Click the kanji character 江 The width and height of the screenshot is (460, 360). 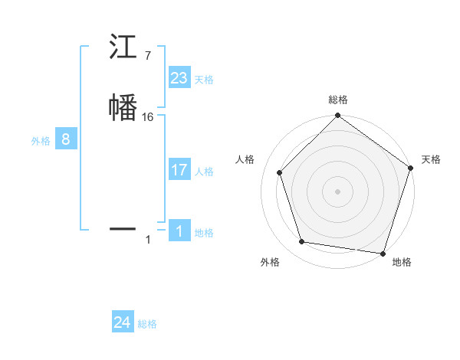pos(123,47)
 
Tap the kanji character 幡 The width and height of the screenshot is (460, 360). pos(123,106)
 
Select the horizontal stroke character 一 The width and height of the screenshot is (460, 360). pos(123,227)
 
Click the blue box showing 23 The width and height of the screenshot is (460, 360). pos(179,78)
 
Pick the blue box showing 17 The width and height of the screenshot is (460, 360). pos(179,170)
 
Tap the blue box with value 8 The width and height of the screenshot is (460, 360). pos(66,139)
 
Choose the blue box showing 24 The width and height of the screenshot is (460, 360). pos(123,323)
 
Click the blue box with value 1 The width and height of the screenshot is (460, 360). pos(179,231)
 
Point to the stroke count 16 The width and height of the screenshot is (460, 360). pos(148,117)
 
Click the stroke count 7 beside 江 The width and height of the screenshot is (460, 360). pos(147,55)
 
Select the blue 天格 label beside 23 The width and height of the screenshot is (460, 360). pos(204,80)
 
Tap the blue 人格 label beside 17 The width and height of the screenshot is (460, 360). pos(204,172)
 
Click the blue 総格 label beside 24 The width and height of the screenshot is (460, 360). pos(147,325)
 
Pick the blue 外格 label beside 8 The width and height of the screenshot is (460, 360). pos(40,141)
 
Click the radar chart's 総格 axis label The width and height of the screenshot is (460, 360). pos(337,100)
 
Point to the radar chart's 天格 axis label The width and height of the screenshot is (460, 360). pos(431,159)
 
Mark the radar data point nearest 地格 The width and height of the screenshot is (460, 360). pos(383,253)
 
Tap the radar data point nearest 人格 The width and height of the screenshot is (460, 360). pos(280,172)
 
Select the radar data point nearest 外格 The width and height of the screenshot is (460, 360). pos(302,242)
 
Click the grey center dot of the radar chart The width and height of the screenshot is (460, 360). pos(337,191)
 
